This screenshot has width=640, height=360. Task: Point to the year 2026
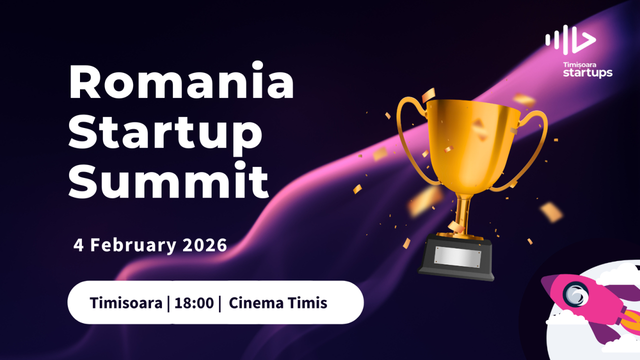coord(204,245)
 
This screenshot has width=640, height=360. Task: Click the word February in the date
coord(133,245)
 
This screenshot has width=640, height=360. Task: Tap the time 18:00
coord(194,303)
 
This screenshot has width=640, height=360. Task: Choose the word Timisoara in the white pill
coord(126,303)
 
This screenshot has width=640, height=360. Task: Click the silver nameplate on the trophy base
coord(457,256)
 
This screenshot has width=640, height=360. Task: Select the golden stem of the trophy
coord(464,212)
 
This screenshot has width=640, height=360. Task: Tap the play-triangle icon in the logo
coord(585,40)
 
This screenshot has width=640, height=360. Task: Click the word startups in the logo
coord(587,73)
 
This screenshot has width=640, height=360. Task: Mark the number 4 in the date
coord(78,245)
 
